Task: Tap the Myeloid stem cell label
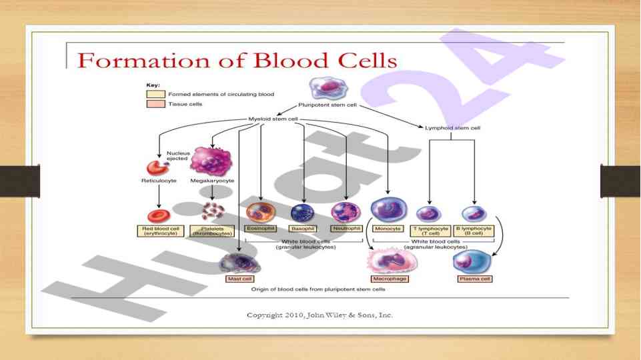point(273,120)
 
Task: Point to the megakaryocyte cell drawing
point(211,162)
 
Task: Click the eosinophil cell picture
point(261,212)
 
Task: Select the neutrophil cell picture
point(346,212)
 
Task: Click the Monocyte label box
point(388,229)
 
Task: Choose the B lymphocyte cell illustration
point(474,213)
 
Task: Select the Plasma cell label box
point(474,278)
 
